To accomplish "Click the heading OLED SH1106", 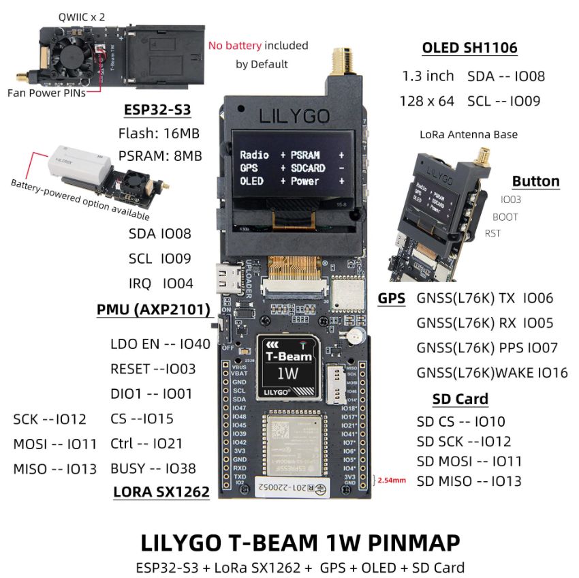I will pos(469,48).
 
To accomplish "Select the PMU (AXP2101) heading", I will pos(153,311).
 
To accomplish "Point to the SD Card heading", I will pos(460,399).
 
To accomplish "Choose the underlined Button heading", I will pos(535,181).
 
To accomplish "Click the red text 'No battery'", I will pos(234,46).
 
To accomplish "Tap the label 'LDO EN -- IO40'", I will pos(160,345).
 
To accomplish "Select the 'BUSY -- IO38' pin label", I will pos(153,468).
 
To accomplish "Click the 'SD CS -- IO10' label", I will pos(460,422).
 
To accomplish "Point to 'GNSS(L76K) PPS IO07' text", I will pos(487,348).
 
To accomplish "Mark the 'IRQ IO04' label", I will pos(161,284).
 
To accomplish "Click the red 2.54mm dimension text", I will pos(392,480).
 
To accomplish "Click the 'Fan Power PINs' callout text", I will pos(46,93).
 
